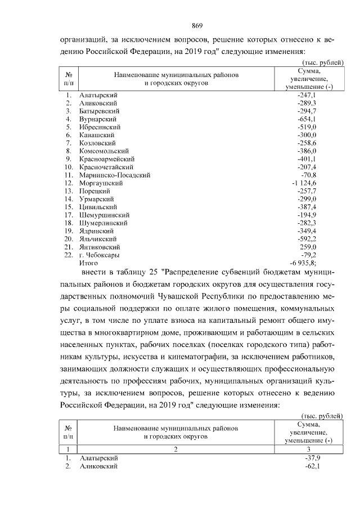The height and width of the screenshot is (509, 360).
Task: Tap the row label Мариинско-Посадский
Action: point(115,175)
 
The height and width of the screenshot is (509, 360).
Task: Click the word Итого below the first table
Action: point(89,263)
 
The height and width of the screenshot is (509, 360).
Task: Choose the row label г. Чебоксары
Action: point(99,254)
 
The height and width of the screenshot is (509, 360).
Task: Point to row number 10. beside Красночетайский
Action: point(69,167)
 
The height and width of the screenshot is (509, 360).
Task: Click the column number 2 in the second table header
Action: point(175,449)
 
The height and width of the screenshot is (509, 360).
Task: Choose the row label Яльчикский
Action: point(98,238)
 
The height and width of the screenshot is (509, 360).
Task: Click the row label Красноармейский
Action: point(107,159)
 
